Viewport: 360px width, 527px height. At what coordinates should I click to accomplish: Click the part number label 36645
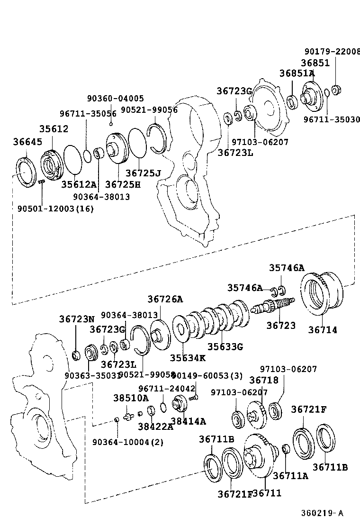tap(27, 142)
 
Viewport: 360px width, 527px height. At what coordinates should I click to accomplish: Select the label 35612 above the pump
tap(54, 129)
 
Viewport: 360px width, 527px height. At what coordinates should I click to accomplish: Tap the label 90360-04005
tap(115, 99)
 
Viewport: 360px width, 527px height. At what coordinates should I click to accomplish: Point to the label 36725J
tap(144, 173)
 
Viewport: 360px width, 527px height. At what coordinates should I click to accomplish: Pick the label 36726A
tap(165, 299)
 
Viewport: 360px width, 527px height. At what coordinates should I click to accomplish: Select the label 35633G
tap(225, 346)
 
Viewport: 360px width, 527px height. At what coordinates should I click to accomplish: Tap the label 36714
tap(323, 330)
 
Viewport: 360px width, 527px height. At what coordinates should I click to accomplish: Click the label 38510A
tap(130, 398)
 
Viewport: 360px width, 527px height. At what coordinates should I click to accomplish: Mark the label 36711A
tap(290, 475)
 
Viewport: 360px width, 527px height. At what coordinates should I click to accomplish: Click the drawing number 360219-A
tap(322, 513)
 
